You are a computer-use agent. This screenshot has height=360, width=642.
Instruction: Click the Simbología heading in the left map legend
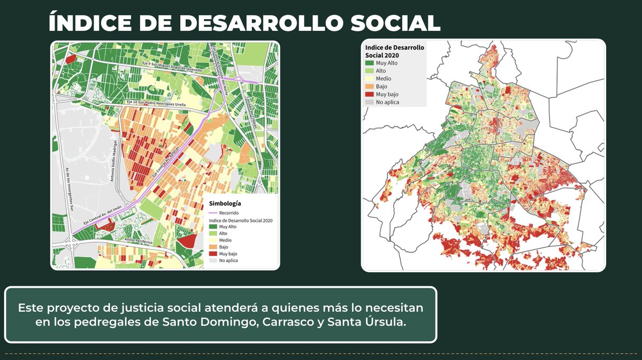click(224, 203)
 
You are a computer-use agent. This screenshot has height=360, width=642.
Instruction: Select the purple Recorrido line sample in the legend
click(214, 213)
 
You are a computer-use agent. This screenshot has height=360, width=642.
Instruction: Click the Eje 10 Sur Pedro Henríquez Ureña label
click(156, 102)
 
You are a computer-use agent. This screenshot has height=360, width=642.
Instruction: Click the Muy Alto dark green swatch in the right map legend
click(370, 63)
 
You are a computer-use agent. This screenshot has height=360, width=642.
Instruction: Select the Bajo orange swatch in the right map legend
click(370, 86)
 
